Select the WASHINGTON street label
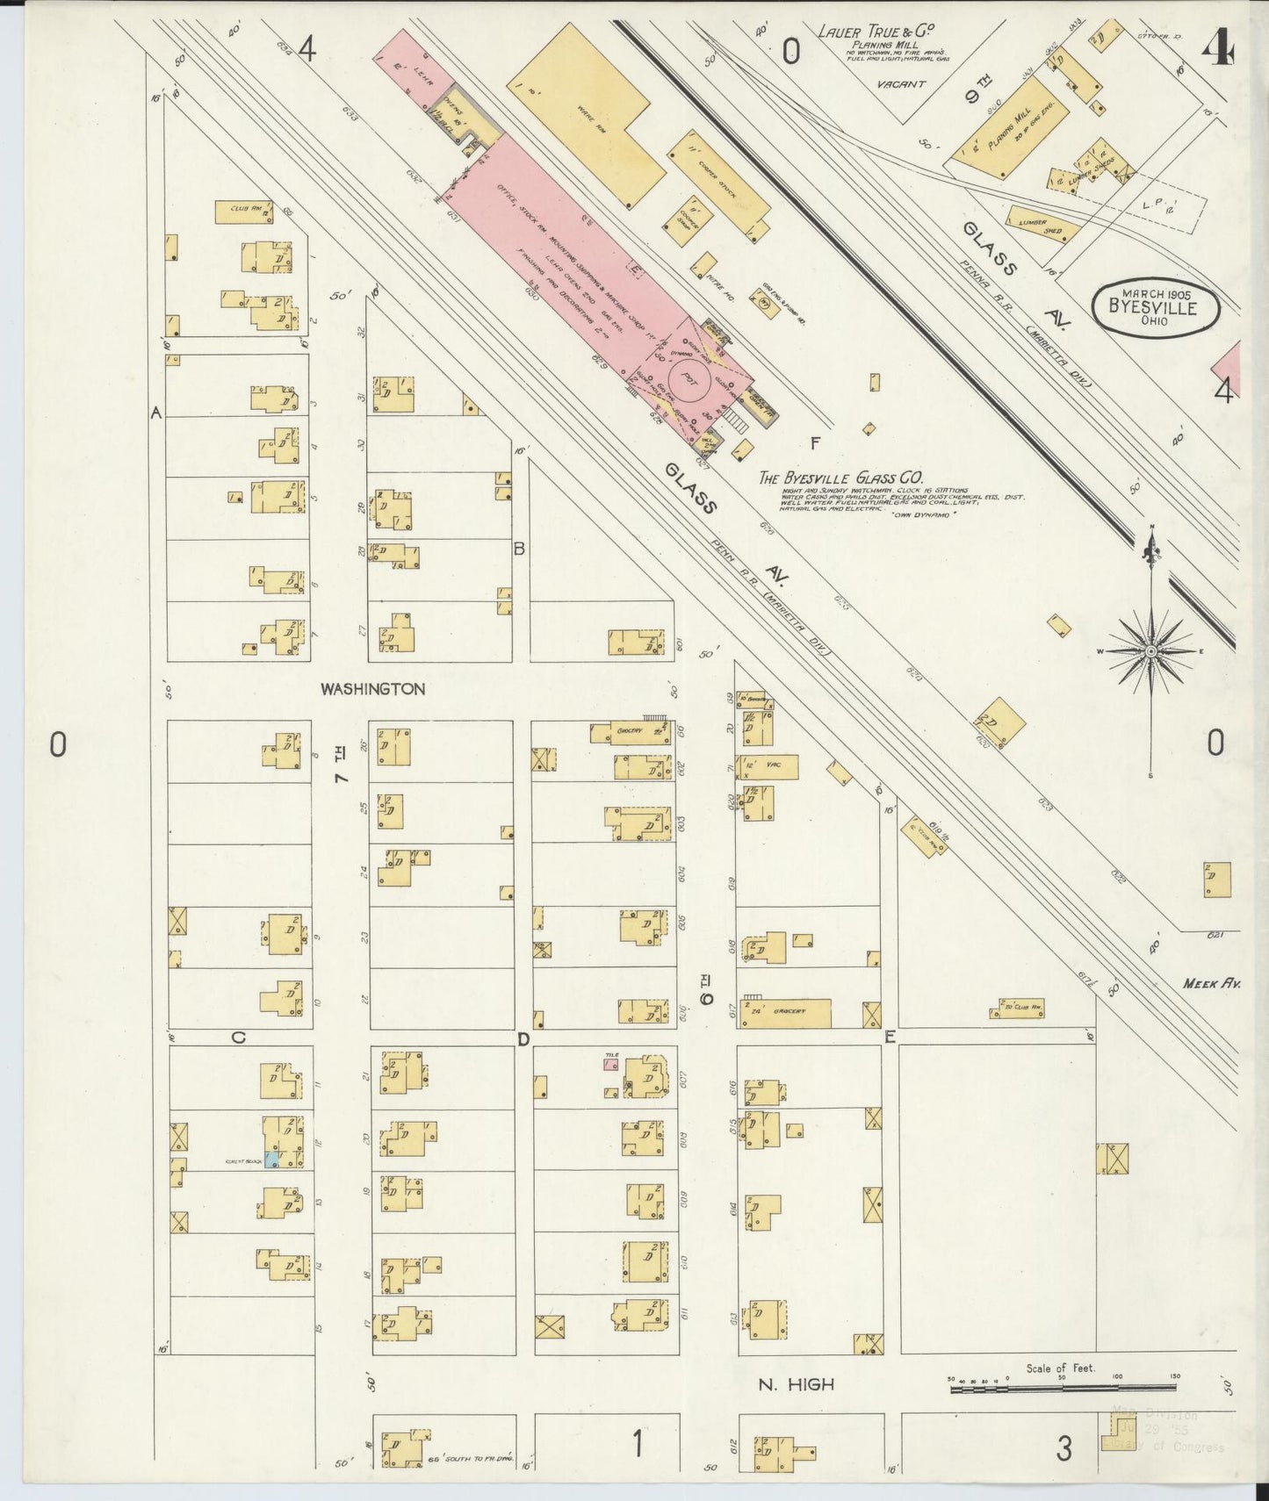tap(372, 689)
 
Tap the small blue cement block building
tap(272, 1160)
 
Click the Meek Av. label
tap(1210, 984)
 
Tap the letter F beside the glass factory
tap(815, 443)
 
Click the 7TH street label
tap(342, 764)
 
